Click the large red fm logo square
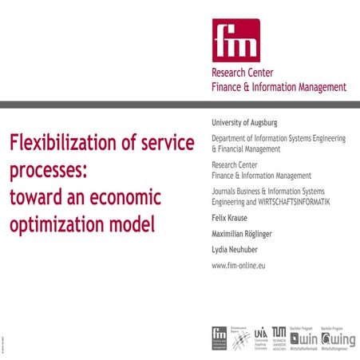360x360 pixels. tap(235, 40)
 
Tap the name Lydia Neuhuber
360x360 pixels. tap(237, 249)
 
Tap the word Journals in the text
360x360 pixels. tap(226, 192)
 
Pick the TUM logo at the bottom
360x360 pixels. tap(279, 336)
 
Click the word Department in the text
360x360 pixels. tap(231, 139)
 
